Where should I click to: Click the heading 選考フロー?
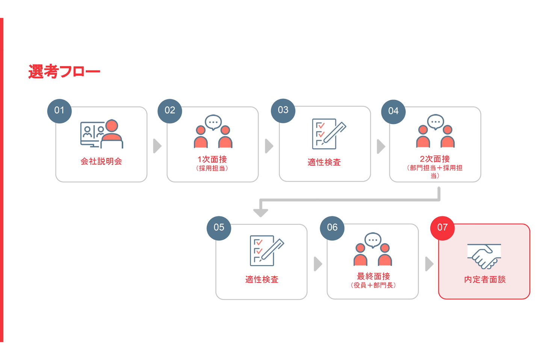coord(64,71)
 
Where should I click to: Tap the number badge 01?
coord(59,111)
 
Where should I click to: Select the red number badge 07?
coord(443,228)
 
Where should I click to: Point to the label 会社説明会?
coord(101,161)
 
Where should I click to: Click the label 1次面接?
coord(212,159)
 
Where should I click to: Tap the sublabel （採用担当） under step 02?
coord(212,168)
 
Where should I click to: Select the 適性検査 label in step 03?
coord(324,162)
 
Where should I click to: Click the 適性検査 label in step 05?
coord(262,279)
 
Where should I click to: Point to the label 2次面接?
coord(435,159)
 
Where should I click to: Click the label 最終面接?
coord(373,276)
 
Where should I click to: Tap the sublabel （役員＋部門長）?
coord(373,285)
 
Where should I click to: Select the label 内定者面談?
coord(485,279)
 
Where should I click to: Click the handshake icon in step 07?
coord(484,256)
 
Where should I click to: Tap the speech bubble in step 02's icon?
coord(213,122)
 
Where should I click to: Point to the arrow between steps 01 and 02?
coord(157,146)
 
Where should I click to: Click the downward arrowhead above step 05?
coord(261,212)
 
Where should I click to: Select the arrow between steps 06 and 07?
coord(429,264)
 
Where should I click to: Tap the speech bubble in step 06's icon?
coord(373,240)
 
